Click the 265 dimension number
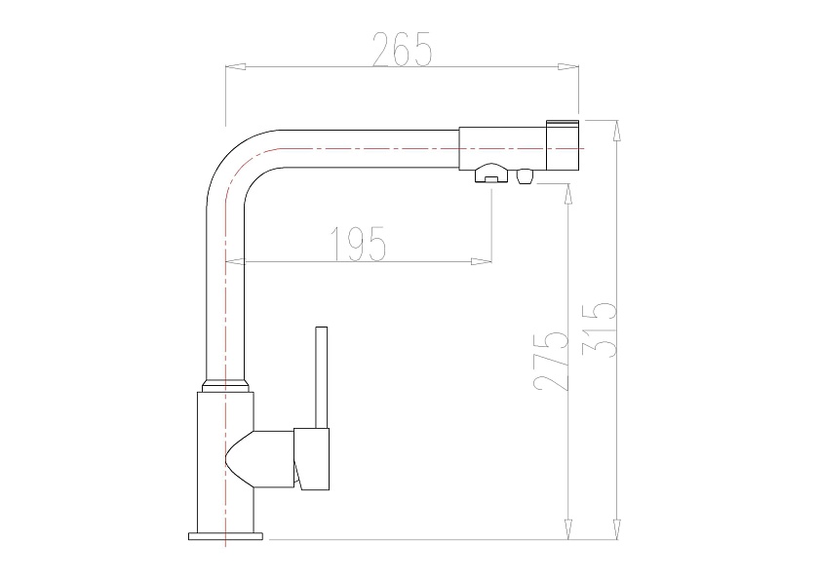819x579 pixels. point(402,49)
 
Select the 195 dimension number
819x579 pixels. point(359,244)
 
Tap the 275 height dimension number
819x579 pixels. point(551,361)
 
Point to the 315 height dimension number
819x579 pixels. point(600,329)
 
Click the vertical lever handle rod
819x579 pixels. point(321,377)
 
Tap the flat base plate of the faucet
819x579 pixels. point(225,536)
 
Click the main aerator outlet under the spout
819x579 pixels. point(491,174)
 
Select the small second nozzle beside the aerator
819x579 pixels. point(524,176)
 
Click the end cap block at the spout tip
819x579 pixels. point(563,145)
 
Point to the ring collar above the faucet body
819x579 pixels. point(225,385)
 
